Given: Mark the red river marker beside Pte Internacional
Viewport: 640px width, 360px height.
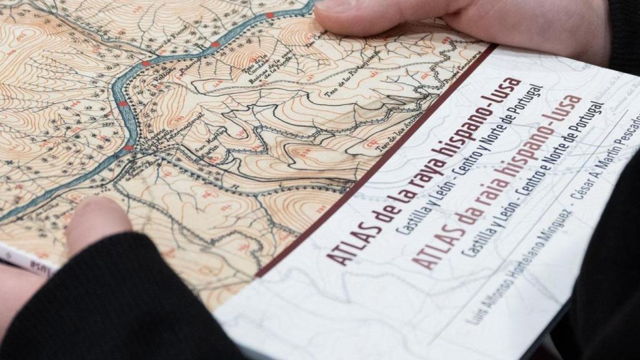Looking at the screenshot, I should click(x=129, y=147).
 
